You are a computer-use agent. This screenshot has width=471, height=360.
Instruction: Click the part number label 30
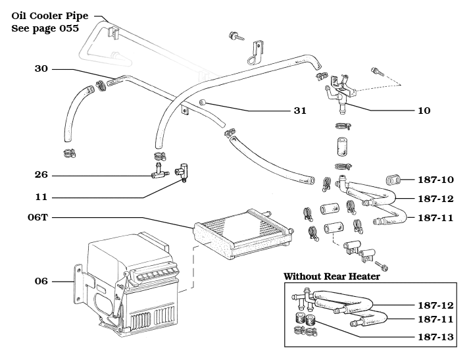tap(41, 68)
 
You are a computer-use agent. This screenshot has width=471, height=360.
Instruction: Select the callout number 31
tap(300, 111)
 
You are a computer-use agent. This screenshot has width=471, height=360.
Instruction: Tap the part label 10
tap(424, 111)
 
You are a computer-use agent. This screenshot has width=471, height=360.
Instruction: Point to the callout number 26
tap(41, 175)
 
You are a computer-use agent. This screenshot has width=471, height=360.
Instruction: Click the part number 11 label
tap(41, 197)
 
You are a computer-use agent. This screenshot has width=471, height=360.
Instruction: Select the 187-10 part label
tap(435, 180)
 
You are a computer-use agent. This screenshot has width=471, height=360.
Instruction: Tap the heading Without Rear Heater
tap(332, 276)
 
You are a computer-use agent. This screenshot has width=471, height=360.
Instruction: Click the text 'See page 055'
tap(45, 28)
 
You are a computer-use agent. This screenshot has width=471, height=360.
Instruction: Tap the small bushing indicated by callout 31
tap(203, 103)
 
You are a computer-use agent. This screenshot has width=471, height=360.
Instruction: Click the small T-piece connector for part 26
tap(158, 174)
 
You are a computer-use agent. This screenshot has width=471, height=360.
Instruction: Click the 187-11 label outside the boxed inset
tap(435, 217)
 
